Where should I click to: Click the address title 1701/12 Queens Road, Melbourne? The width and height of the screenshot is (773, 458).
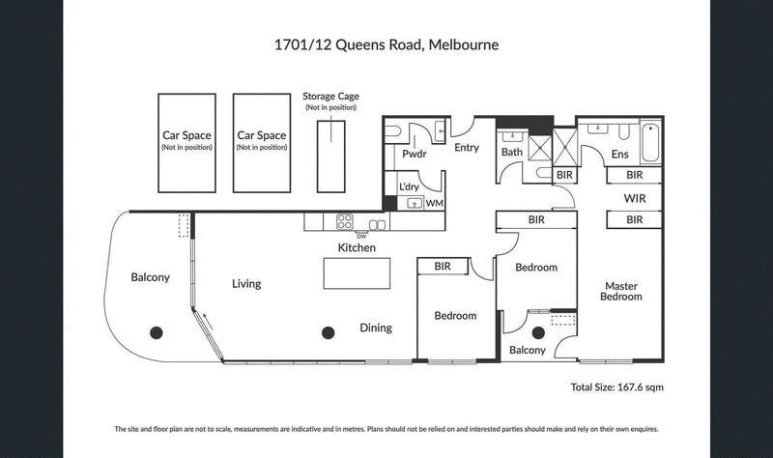point(386,44)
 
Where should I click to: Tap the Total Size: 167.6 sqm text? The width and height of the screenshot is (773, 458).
point(616,386)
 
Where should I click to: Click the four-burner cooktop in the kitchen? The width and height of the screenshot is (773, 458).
point(344,221)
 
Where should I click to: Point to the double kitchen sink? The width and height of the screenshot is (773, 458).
point(377,224)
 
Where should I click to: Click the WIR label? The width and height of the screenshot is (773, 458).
point(634,198)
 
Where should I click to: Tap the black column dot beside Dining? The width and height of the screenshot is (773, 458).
point(328,332)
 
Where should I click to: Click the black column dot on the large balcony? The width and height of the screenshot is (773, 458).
point(155,331)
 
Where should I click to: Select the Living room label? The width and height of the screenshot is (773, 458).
point(246,284)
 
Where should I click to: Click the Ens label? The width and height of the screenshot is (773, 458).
point(620,154)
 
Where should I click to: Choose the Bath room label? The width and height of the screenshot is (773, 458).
point(511,152)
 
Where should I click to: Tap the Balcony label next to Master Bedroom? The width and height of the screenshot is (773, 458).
point(528,350)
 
